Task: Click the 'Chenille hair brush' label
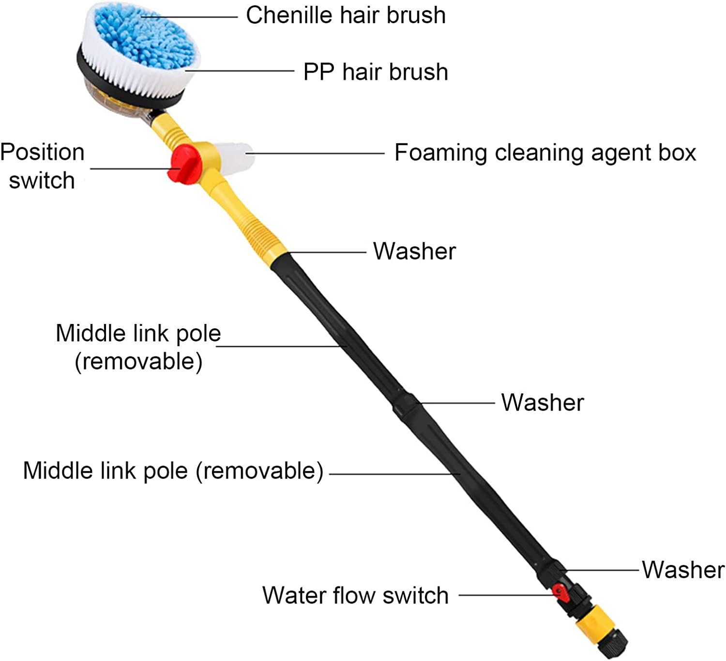click(346, 15)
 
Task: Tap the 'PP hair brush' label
click(376, 72)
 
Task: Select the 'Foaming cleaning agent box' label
click(545, 153)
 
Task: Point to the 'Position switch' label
click(42, 166)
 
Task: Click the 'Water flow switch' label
click(355, 595)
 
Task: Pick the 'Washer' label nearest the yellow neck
click(414, 251)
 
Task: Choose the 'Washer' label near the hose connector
click(683, 569)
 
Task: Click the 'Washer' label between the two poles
click(543, 402)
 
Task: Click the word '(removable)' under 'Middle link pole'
click(138, 362)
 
